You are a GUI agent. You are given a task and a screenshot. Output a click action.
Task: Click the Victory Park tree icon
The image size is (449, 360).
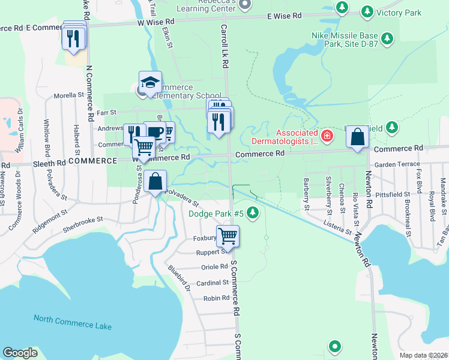[367, 11]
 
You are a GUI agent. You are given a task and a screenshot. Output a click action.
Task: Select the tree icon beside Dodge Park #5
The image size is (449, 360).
[253, 212]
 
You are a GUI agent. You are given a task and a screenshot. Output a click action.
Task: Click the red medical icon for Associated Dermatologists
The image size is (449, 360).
[327, 136]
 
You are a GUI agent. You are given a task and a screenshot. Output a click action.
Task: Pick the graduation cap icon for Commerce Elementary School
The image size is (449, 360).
[150, 82]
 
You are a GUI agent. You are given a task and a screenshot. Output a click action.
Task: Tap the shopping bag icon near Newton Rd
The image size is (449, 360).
[358, 137]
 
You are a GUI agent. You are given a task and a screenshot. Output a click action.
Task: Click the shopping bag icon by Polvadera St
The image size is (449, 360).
[155, 181]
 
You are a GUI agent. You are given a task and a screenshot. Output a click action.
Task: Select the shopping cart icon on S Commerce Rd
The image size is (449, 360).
[228, 236]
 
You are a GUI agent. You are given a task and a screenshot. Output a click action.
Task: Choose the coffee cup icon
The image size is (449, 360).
[154, 132]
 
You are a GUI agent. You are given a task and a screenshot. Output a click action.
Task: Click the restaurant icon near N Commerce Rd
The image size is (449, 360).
[73, 38]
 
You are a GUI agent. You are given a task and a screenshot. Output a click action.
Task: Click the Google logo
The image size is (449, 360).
[20, 352]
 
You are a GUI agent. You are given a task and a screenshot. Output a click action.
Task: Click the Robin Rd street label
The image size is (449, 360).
[216, 298]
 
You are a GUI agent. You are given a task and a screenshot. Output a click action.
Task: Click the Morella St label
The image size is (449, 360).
[69, 95]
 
